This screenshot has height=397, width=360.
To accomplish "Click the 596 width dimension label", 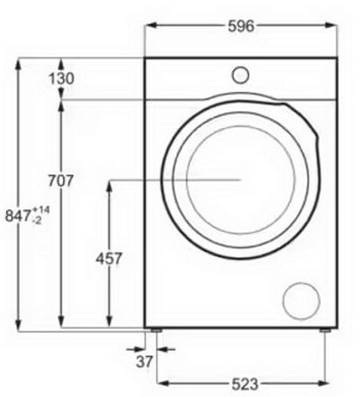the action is point(240,26).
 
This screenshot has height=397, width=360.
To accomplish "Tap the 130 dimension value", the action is point(61,78).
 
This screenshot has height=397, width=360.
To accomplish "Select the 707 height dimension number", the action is point(60,181).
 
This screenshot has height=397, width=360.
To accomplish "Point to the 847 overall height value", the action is point(18,216).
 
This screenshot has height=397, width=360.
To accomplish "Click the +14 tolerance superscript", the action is point(40,210).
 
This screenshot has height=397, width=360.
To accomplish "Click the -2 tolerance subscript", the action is point(37,221).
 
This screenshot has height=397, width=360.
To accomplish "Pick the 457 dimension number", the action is point(109,258).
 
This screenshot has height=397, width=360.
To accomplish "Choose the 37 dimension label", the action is point(144,361).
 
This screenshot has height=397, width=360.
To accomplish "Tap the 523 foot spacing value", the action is point(245,384).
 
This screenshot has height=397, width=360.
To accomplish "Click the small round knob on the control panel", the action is point(240,75).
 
